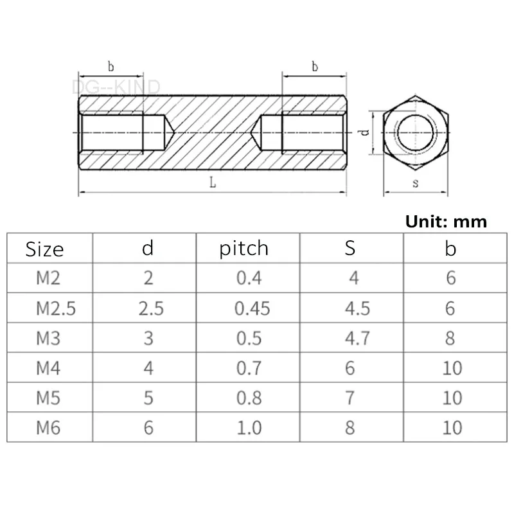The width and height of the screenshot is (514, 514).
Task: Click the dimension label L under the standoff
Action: (x=213, y=182)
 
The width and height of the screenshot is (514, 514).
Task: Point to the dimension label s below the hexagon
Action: (x=415, y=182)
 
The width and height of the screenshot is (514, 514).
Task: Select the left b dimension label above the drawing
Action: (x=111, y=66)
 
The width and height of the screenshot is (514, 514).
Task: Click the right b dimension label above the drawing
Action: (x=315, y=66)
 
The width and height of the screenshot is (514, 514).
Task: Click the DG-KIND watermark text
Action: (x=116, y=86)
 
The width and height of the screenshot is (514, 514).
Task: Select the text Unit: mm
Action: (x=446, y=222)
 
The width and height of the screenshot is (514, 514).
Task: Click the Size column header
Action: (x=45, y=249)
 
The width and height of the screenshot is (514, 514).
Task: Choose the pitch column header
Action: (x=244, y=249)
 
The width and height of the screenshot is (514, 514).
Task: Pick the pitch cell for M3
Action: (x=248, y=338)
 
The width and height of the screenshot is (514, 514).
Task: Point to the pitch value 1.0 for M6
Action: (x=248, y=427)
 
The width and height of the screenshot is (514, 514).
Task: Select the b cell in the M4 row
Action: (x=452, y=368)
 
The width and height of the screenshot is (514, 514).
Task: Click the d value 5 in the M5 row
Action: (x=148, y=398)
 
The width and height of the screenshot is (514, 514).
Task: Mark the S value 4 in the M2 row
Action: (x=350, y=278)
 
